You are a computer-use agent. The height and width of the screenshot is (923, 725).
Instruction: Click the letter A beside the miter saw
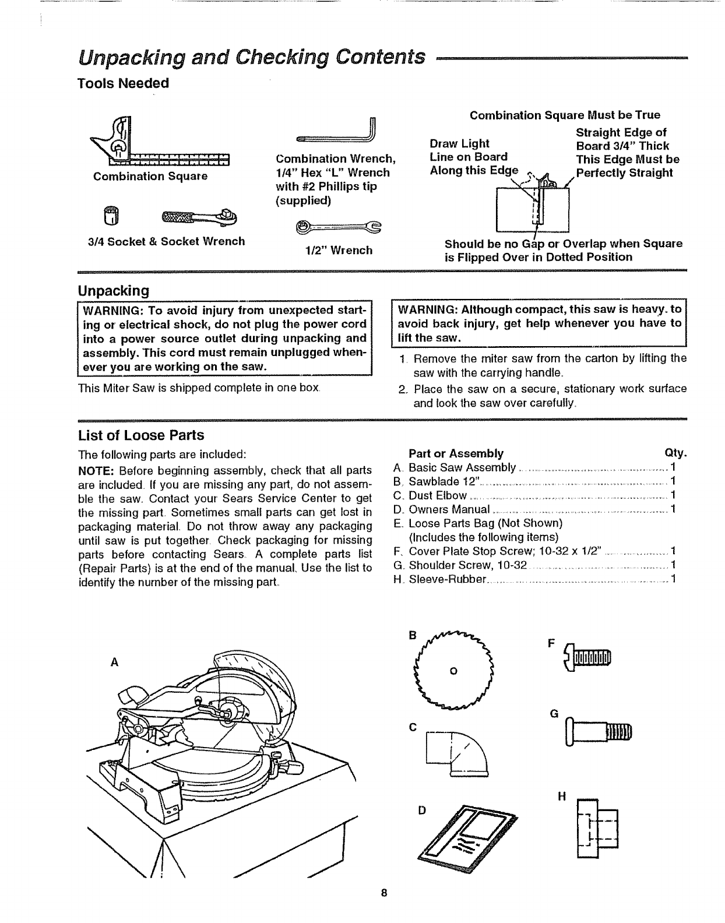click(115, 662)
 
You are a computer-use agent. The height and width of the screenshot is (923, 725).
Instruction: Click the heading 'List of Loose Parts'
click(141, 435)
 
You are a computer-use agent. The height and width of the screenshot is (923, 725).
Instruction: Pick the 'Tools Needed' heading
click(123, 83)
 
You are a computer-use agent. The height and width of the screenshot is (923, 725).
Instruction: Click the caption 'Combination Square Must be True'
click(565, 115)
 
